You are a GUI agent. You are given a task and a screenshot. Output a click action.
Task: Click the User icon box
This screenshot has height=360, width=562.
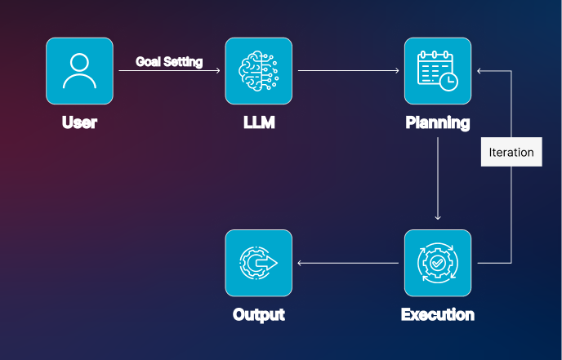pyautogui.click(x=79, y=71)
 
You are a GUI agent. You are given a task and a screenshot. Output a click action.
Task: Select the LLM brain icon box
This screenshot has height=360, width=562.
pyautogui.click(x=258, y=71)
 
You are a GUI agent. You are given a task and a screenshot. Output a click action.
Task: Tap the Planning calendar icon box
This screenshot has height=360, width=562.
pyautogui.click(x=438, y=71)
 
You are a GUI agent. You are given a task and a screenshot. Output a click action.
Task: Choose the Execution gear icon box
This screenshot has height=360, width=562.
pyautogui.click(x=438, y=263)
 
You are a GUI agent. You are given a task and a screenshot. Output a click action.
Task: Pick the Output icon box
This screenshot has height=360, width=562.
pyautogui.click(x=258, y=263)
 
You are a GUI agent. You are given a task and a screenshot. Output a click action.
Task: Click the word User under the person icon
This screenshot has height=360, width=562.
pyautogui.click(x=79, y=124)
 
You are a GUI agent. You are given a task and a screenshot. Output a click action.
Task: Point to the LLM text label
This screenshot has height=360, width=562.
pyautogui.click(x=258, y=124)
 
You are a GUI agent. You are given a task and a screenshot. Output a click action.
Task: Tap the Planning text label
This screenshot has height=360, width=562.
pyautogui.click(x=438, y=124)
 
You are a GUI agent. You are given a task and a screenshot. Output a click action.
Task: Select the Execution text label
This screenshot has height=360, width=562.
pyautogui.click(x=438, y=314)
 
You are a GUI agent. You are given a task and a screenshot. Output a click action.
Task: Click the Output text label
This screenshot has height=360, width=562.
pyautogui.click(x=258, y=314)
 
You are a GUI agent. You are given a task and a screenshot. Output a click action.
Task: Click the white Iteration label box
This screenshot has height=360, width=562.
pyautogui.click(x=511, y=152)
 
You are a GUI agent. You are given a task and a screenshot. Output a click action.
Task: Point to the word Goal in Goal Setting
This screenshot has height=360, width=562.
pyautogui.click(x=148, y=61)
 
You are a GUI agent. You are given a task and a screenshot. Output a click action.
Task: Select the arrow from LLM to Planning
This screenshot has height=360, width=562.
pyautogui.click(x=348, y=71)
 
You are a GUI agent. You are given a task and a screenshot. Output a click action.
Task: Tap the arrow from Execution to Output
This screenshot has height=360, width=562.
pyautogui.click(x=348, y=263)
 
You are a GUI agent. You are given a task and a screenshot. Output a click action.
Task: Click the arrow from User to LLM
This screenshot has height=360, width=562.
pyautogui.click(x=169, y=72)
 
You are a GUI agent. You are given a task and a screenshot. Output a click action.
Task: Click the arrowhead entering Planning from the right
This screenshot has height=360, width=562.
pyautogui.click(x=481, y=71)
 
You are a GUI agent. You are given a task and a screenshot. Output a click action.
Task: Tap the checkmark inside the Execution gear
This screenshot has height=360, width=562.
pyautogui.click(x=438, y=263)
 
